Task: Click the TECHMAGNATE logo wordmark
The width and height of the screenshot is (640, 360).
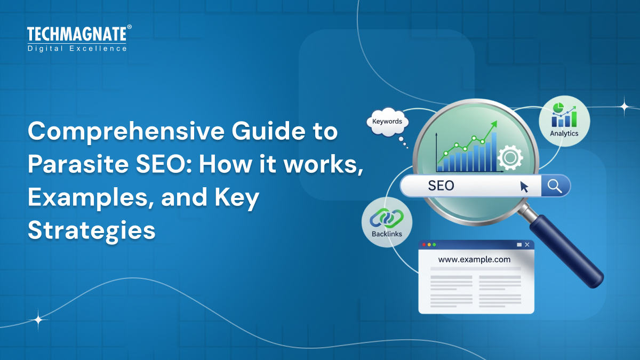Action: click(77, 35)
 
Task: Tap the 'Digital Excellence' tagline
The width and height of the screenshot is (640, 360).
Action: click(77, 49)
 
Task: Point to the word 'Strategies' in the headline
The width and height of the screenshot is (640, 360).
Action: click(91, 230)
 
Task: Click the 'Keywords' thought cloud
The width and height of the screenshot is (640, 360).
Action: click(387, 122)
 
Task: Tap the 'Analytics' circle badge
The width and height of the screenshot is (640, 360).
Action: click(564, 121)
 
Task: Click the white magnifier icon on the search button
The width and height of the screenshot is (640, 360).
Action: click(555, 186)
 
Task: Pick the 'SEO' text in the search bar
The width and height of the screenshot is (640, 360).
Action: click(441, 186)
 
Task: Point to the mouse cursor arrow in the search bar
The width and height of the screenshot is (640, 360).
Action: click(524, 187)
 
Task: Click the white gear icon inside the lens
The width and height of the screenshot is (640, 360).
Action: click(509, 157)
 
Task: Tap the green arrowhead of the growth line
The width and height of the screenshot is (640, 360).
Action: click(494, 124)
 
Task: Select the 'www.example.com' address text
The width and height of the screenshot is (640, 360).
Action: click(474, 260)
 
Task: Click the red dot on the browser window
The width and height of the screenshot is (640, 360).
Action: click(424, 245)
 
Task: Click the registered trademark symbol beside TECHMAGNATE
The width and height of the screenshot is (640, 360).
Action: click(129, 27)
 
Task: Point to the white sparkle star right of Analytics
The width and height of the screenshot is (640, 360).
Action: click(624, 106)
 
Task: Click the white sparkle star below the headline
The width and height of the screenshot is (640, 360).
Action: click(38, 320)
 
